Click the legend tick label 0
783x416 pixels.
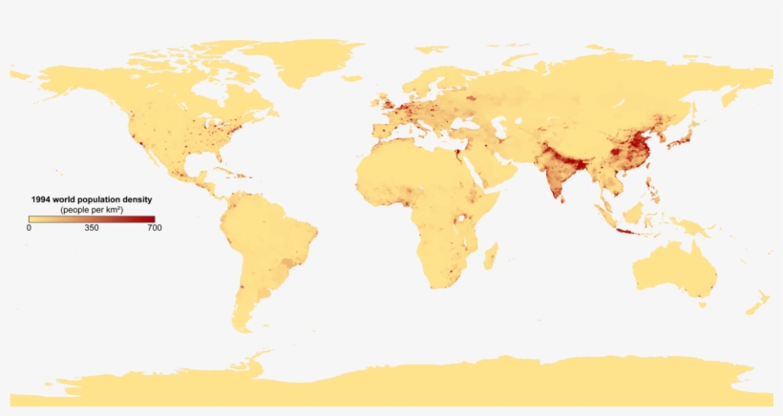[x=29, y=228]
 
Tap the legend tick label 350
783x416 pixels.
[x=92, y=228]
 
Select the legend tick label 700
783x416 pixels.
[x=154, y=228]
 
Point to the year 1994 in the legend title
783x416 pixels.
[x=41, y=199]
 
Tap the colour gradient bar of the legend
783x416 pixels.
[x=92, y=218]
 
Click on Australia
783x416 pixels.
[x=673, y=267]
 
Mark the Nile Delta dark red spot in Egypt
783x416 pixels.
[x=457, y=150]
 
